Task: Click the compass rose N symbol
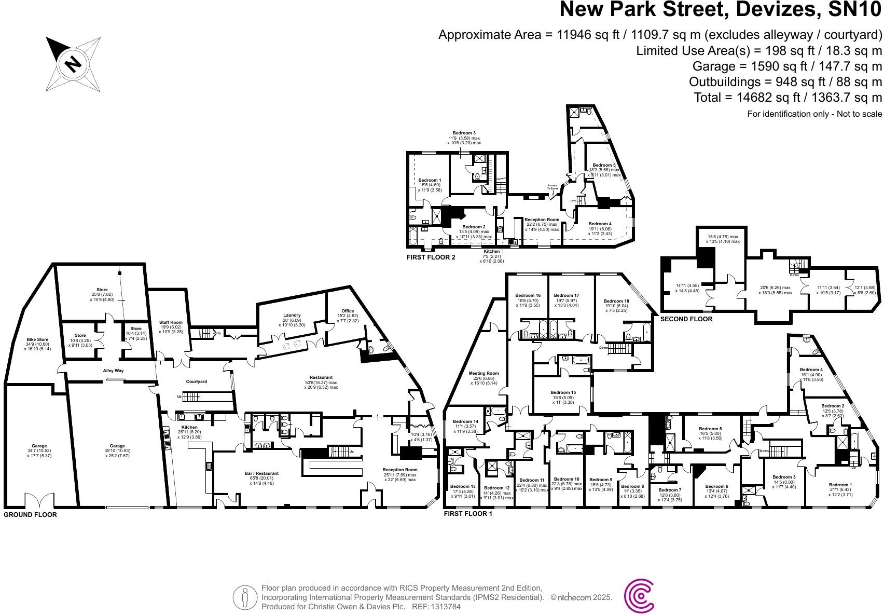click(x=73, y=64)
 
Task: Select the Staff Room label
click(x=170, y=322)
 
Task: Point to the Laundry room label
click(x=292, y=315)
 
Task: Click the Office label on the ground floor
click(x=348, y=311)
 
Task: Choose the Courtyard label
click(x=196, y=381)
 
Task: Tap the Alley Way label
click(x=113, y=371)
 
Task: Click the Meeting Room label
click(x=484, y=373)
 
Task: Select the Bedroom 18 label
click(x=616, y=301)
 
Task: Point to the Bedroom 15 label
click(x=563, y=392)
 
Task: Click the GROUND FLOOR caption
click(x=30, y=515)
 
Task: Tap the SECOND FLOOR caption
click(x=686, y=319)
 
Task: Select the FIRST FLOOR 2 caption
click(x=431, y=257)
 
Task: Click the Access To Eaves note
click(x=552, y=186)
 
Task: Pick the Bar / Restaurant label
click(x=261, y=473)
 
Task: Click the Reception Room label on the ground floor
click(x=399, y=470)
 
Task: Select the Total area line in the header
click(x=788, y=97)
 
